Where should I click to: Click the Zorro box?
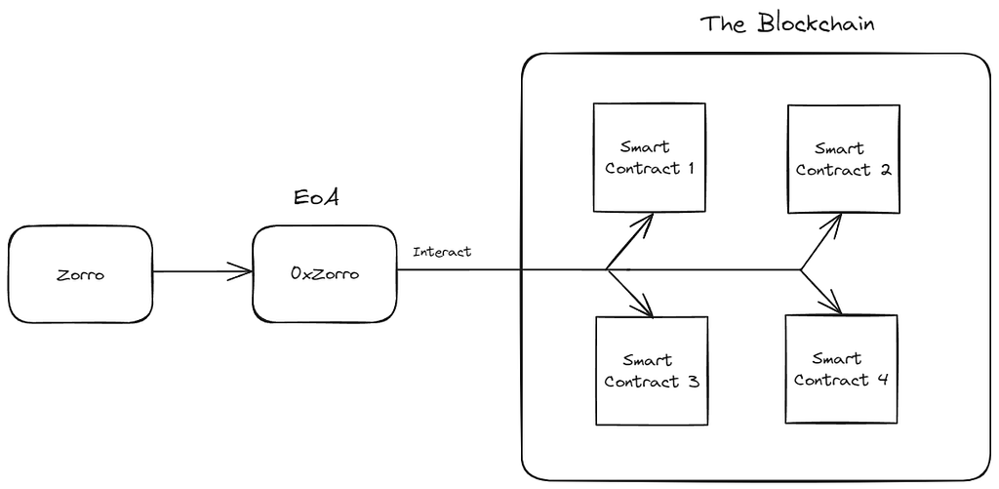tap(80, 274)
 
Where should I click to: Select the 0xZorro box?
tap(324, 273)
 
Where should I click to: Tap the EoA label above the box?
tap(316, 197)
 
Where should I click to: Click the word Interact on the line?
tap(442, 252)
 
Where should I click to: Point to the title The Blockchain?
tap(787, 23)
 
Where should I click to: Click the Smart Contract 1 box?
tap(649, 157)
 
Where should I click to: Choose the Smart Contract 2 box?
tap(844, 159)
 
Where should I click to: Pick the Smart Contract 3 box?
tap(652, 371)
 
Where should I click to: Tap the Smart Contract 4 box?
tap(841, 369)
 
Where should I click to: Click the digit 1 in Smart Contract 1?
tap(691, 169)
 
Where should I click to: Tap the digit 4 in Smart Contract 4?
tap(881, 380)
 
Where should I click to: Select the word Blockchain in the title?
tap(817, 23)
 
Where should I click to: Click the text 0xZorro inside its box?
tap(324, 274)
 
